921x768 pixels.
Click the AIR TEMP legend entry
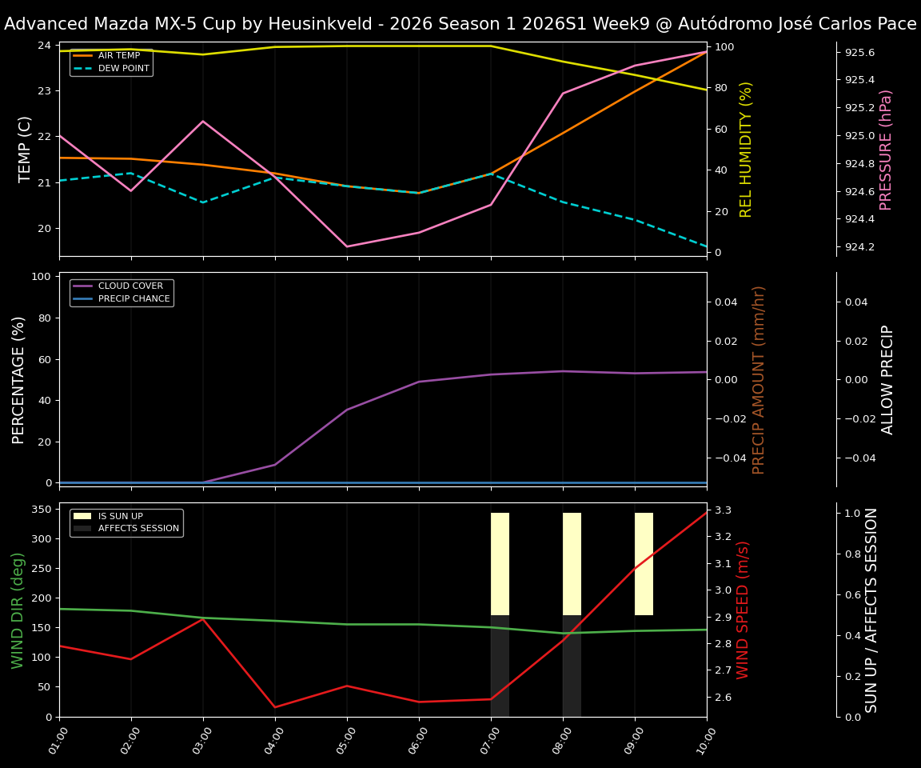(x=118, y=56)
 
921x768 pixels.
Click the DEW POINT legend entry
(x=123, y=69)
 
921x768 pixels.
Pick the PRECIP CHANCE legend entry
(x=134, y=299)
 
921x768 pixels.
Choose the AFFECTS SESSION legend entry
(x=138, y=529)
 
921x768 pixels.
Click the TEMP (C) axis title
(x=26, y=149)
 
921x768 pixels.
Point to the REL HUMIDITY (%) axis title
(x=747, y=149)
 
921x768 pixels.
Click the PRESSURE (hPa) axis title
(x=886, y=149)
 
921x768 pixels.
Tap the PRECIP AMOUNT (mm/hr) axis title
(x=760, y=379)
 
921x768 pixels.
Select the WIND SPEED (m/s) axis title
(x=744, y=610)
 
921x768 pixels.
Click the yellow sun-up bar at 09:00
(x=644, y=564)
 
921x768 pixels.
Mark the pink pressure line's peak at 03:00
(x=203, y=122)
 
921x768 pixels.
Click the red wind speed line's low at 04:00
(x=275, y=707)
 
